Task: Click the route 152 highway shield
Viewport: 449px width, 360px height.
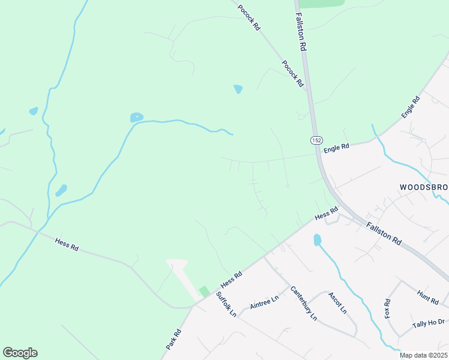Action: click(x=316, y=140)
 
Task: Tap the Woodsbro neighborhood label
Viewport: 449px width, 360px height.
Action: click(x=424, y=187)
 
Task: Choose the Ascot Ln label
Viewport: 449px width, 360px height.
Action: click(x=337, y=303)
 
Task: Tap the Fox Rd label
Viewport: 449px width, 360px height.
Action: click(x=388, y=308)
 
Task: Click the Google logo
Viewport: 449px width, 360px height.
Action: click(x=20, y=353)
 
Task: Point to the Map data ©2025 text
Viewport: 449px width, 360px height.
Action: click(x=423, y=355)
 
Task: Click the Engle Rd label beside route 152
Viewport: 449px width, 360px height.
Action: click(x=336, y=147)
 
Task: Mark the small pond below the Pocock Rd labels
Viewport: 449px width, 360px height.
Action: click(x=238, y=89)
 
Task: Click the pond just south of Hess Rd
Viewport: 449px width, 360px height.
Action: click(x=317, y=240)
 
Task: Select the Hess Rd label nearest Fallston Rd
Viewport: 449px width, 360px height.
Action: click(x=327, y=213)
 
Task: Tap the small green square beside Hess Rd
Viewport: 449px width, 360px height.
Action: click(x=205, y=291)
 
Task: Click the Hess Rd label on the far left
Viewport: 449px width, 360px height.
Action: click(x=67, y=245)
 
